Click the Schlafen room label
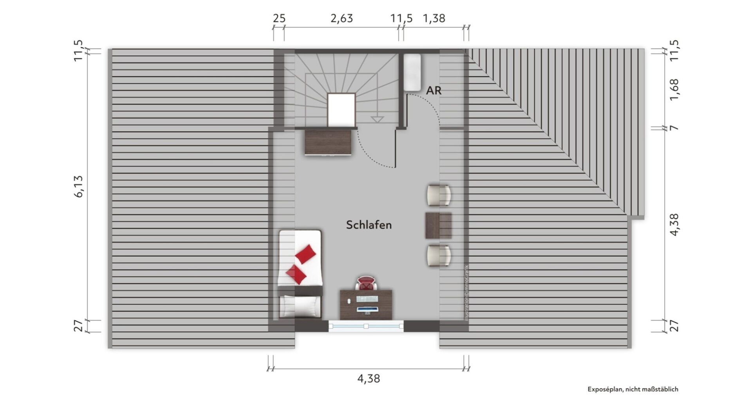pos(369,225)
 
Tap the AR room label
pos(434,90)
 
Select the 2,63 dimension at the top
pos(342,18)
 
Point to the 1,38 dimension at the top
pos(434,18)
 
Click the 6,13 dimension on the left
pos(78,186)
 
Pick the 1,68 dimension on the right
pos(674,90)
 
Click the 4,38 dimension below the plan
pos(369,378)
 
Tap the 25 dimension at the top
pos(279,18)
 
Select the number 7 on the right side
pos(674,128)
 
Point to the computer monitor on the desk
pos(367,310)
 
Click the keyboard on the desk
pos(367,299)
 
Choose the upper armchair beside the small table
pos(439,195)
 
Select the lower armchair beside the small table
pos(439,256)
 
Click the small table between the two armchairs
pos(438,225)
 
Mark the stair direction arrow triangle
pos(377,119)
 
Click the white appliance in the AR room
pos(412,72)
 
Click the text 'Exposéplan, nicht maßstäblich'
pos(633,389)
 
